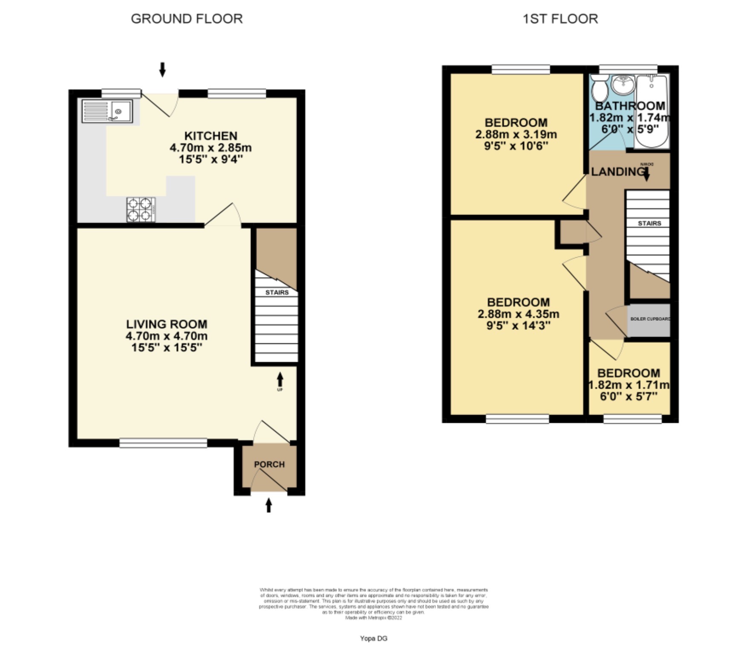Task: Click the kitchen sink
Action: (107, 111)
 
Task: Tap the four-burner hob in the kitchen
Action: (141, 209)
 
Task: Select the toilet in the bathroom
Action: (600, 87)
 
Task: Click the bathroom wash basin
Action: (623, 84)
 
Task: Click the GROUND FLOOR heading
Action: (187, 19)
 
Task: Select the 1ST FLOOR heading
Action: (560, 19)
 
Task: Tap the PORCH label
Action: (269, 464)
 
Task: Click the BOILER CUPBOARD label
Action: (650, 319)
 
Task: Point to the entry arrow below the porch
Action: (268, 506)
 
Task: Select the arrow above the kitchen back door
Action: (162, 70)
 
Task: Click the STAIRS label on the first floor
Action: (649, 223)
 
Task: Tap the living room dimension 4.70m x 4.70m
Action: (167, 336)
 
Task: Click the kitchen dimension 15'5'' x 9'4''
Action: (211, 159)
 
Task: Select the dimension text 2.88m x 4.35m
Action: (518, 314)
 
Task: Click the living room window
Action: (163, 443)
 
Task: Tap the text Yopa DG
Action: (373, 638)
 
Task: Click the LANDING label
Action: (617, 172)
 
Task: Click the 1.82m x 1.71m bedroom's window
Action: (632, 419)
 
